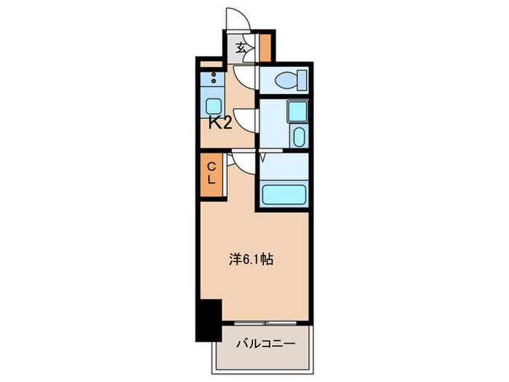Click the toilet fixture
292,79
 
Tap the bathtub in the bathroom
285,194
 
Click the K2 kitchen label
220,123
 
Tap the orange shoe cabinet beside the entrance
265,48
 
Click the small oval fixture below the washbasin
299,136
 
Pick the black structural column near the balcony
208,320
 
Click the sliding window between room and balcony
267,322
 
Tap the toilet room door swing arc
244,75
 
